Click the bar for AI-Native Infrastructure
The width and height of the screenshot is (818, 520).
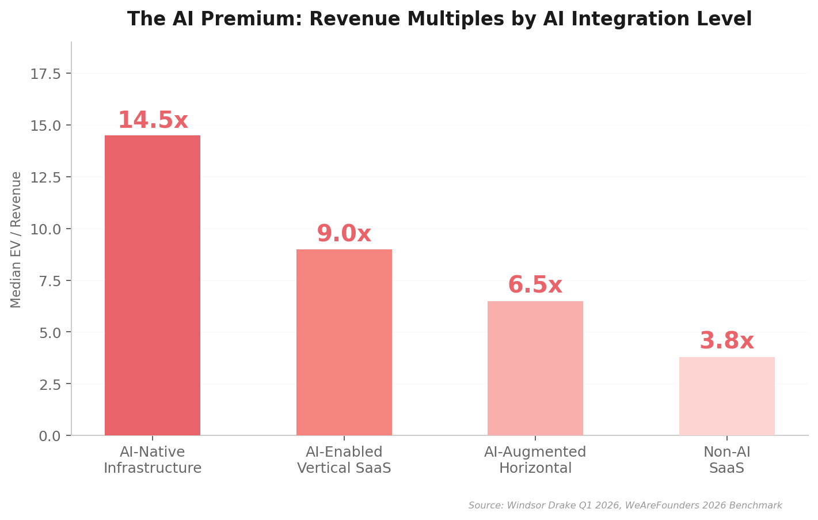[x=153, y=285]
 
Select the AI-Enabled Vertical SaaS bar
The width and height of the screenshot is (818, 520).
[x=344, y=342]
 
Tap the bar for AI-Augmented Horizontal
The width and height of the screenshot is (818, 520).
[x=535, y=368]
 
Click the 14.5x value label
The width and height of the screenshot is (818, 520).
[x=153, y=121]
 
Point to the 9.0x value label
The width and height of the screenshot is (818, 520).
[x=344, y=234]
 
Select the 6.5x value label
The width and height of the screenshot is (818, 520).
[x=535, y=286]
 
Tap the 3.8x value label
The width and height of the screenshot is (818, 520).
[x=726, y=341]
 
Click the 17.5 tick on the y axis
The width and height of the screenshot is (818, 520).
[x=45, y=74]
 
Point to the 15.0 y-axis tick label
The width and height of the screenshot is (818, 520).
[x=45, y=126]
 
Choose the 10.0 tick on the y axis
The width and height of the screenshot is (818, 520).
[x=45, y=229]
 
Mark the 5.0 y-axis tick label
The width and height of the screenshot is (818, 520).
[x=50, y=332]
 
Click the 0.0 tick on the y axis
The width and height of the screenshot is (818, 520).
[x=50, y=436]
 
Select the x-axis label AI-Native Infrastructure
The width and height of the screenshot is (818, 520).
[x=153, y=460]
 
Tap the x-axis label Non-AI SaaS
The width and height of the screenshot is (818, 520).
[x=726, y=460]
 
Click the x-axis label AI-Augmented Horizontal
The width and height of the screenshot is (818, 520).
[x=535, y=460]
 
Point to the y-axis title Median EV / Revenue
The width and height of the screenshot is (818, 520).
[x=16, y=240]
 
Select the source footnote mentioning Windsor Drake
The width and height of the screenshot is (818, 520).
[x=625, y=506]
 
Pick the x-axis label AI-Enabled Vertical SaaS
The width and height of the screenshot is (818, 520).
[x=344, y=460]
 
